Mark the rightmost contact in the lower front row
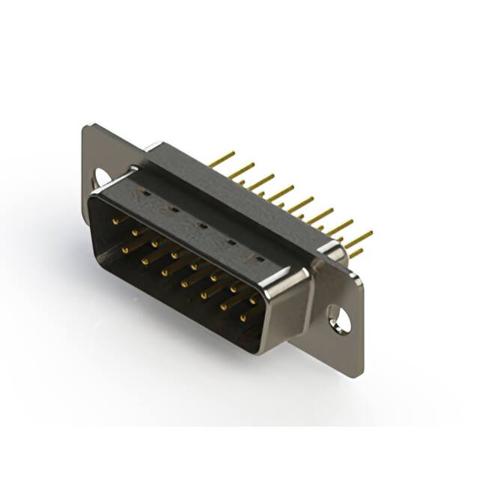click(243, 319)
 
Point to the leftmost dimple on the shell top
click(147, 192)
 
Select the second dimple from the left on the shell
click(174, 209)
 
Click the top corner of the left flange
click(88, 127)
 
